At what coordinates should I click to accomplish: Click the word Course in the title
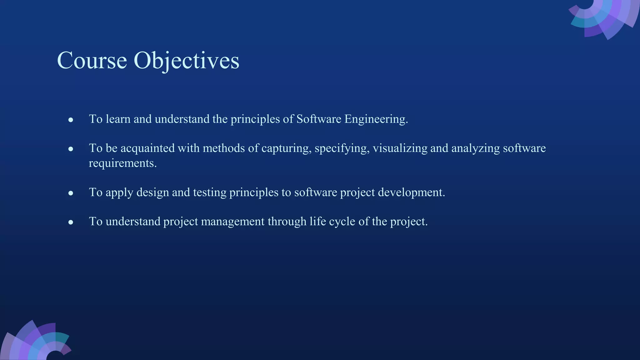pos(92,60)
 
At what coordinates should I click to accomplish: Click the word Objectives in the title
pos(187,60)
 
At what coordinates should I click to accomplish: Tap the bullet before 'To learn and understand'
pos(71,120)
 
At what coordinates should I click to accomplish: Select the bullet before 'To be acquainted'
pos(71,149)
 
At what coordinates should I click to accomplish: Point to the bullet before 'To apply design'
pos(71,193)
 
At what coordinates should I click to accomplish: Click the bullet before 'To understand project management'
pos(71,222)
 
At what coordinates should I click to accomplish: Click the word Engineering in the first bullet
pos(376,119)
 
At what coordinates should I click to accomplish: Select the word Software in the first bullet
pos(318,119)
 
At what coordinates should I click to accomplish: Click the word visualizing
pos(400,148)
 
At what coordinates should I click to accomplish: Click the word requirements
pos(122,163)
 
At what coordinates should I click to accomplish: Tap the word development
pos(411,192)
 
